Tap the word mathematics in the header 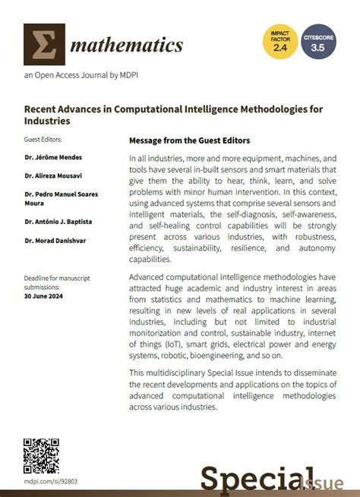[x=126, y=45]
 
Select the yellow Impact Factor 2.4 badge [x=279, y=42]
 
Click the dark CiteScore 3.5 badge [x=318, y=42]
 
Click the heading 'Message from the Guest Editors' [x=189, y=140]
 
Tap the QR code [x=42, y=456]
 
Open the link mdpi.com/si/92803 [x=51, y=481]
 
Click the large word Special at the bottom [x=254, y=478]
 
